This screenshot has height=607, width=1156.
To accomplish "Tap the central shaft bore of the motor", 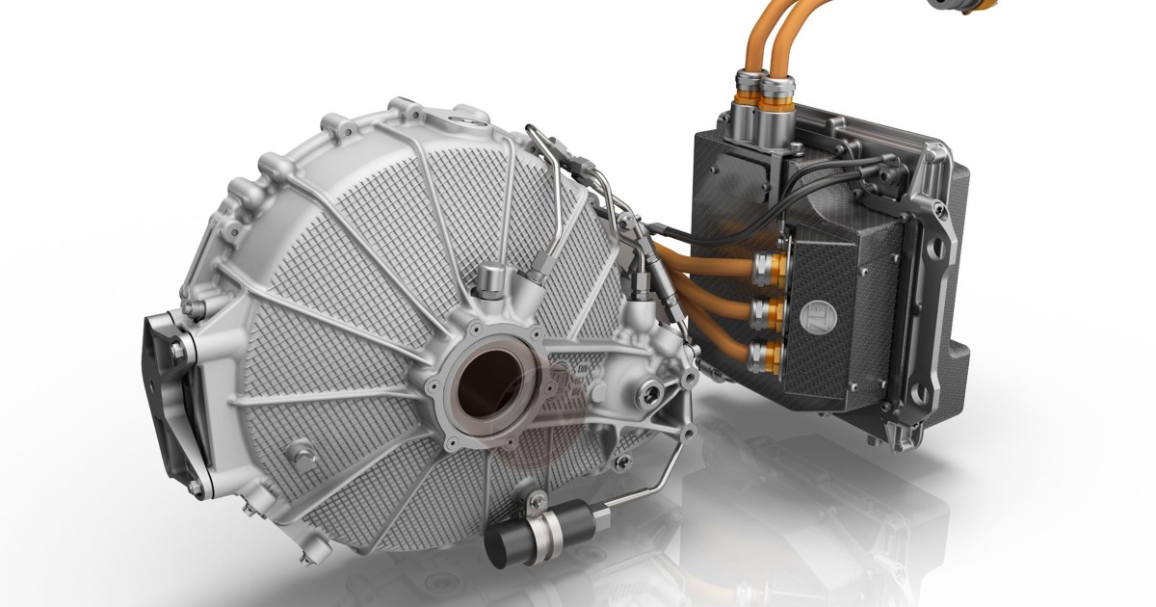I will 489,383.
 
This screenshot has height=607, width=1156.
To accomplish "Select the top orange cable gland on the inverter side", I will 769,266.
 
